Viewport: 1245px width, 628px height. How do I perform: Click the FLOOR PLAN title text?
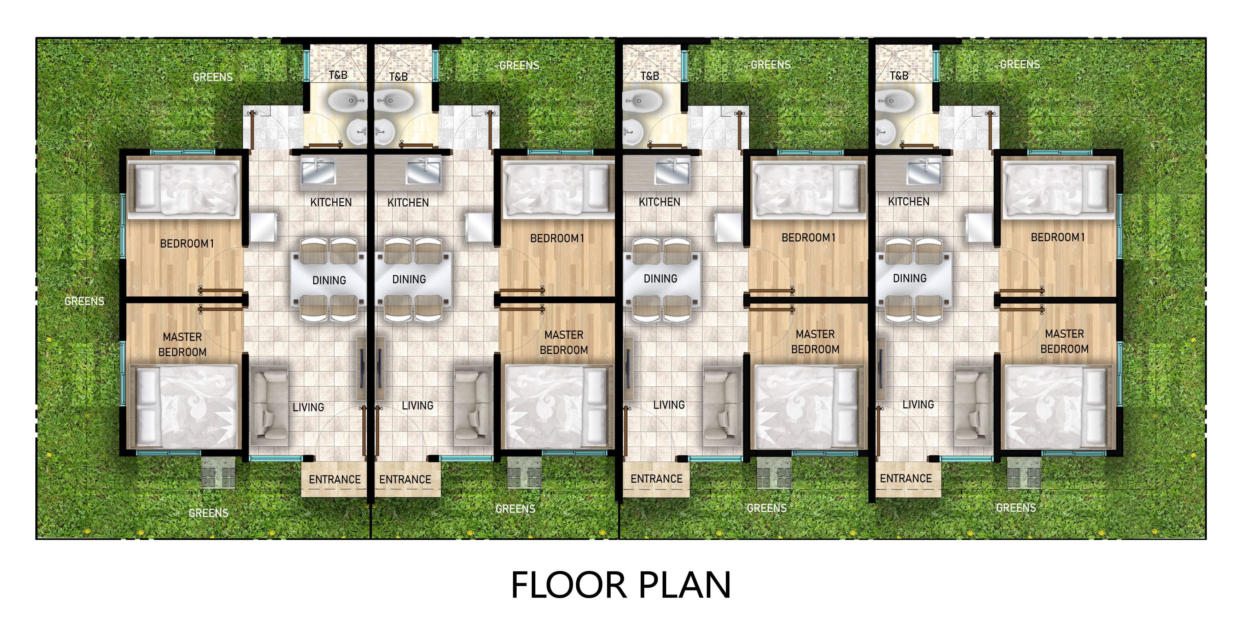(621, 585)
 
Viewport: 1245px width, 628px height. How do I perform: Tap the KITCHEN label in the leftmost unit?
(331, 202)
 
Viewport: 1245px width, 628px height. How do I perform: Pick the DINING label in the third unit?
(660, 279)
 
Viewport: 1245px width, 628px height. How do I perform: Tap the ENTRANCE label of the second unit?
(405, 479)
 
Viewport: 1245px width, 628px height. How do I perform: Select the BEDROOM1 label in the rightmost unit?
(1058, 237)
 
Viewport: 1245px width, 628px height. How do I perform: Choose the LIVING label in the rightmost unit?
(918, 404)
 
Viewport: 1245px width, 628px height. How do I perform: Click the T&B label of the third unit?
(650, 76)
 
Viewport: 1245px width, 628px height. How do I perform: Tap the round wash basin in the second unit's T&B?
(385, 132)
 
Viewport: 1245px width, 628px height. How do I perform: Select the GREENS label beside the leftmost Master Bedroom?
(85, 301)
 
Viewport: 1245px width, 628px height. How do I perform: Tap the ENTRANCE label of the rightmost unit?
(906, 478)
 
